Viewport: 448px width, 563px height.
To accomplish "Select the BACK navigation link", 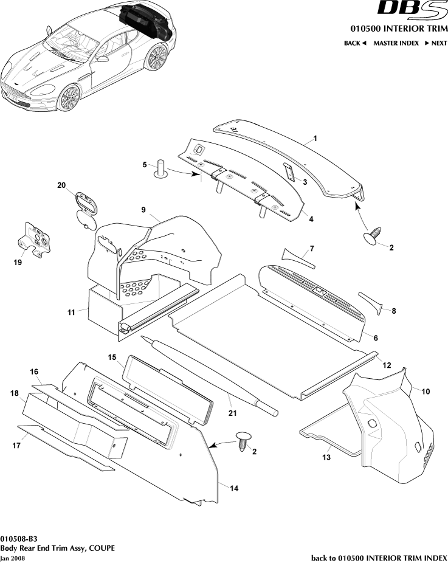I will [355, 43].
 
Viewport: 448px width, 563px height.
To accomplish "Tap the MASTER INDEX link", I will [396, 43].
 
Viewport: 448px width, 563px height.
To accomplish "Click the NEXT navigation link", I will [435, 43].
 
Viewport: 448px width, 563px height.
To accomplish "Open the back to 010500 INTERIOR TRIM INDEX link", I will [379, 558].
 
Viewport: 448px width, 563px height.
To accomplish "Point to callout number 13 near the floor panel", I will [326, 457].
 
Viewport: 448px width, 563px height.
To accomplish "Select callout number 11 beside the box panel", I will [71, 312].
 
